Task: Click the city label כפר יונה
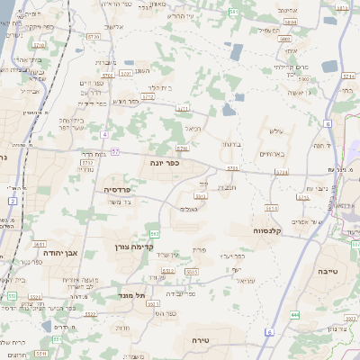166,164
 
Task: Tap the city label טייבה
328,270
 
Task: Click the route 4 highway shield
104,134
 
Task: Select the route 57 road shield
116,151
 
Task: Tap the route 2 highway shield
11,201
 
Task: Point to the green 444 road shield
294,314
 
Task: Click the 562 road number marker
155,234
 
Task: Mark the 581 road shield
233,12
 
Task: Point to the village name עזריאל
246,280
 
